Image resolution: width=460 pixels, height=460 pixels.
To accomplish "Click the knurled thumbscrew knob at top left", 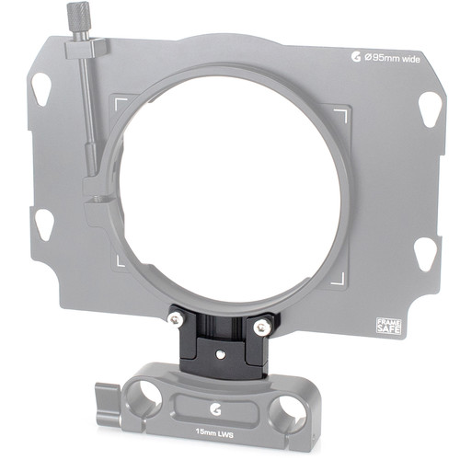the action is click(x=78, y=16).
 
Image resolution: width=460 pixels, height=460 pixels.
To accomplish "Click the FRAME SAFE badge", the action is click(x=388, y=326).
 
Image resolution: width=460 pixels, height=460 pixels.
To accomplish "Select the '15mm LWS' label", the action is click(x=214, y=434).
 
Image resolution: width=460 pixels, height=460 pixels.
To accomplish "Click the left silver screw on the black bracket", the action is click(x=176, y=320).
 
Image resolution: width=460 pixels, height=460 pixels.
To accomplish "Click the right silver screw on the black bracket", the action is click(x=262, y=327).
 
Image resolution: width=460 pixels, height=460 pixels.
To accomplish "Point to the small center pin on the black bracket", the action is click(x=220, y=354).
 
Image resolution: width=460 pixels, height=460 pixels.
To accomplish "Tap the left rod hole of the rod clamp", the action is click(x=144, y=399).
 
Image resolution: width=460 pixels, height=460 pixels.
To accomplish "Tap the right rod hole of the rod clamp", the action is click(x=287, y=412).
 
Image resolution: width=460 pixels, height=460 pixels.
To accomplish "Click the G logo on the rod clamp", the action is click(x=215, y=409).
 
